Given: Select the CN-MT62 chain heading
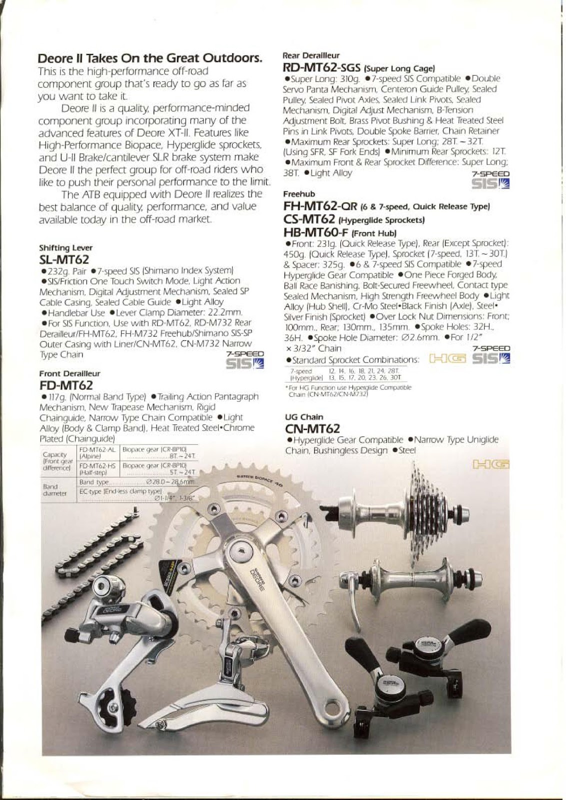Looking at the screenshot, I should tap(312, 428).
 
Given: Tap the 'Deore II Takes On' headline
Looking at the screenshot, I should tap(150, 58).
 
